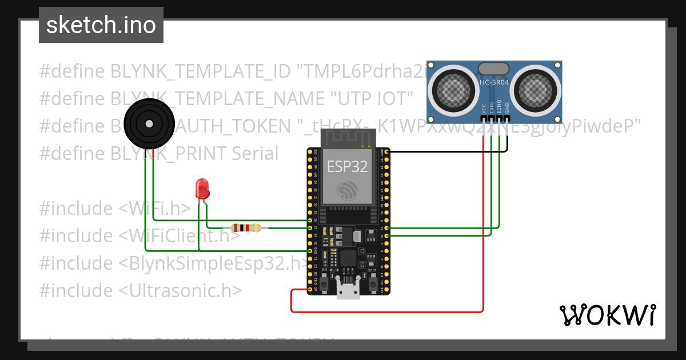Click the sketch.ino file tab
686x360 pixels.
[101, 25]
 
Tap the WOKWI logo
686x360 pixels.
[607, 315]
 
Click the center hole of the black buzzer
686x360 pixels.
[149, 123]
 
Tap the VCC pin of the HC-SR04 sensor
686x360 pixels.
[484, 119]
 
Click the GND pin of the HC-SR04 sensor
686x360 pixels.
[507, 119]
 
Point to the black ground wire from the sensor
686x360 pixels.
[446, 151]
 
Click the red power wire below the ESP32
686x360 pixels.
[389, 312]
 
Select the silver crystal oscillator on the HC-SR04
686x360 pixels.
[493, 69]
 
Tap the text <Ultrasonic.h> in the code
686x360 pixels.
[181, 290]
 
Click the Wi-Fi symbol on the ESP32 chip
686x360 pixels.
[347, 190]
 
